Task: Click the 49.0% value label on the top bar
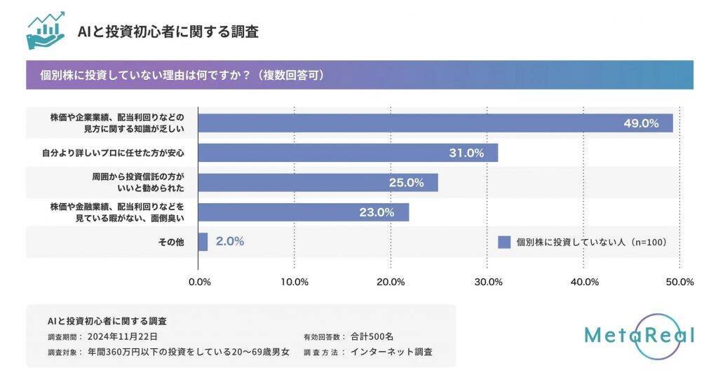click(641, 123)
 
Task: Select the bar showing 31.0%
click(347, 153)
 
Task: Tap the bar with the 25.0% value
click(317, 183)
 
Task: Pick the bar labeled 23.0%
click(303, 212)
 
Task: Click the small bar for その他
click(203, 242)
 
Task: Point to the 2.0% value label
click(230, 241)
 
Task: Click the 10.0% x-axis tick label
click(294, 282)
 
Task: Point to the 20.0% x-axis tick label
click(391, 282)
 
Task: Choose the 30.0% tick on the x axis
click(488, 282)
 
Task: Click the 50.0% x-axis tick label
click(679, 282)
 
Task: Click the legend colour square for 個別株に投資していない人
click(504, 242)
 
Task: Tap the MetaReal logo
click(639, 336)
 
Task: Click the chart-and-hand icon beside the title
click(46, 31)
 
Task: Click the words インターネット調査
click(391, 352)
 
